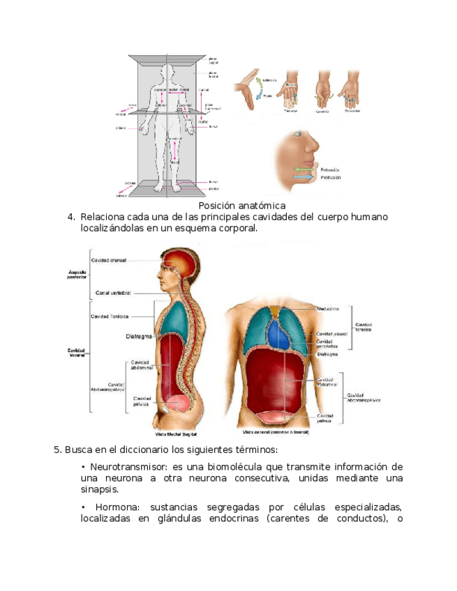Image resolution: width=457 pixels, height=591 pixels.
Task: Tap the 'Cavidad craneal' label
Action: tap(108, 260)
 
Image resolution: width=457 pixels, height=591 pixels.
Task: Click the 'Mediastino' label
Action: tap(328, 307)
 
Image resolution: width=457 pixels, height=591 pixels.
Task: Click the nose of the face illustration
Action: tap(314, 148)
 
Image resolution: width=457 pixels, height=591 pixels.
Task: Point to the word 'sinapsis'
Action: tap(99, 490)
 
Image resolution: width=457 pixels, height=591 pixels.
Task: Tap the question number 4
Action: tap(71, 217)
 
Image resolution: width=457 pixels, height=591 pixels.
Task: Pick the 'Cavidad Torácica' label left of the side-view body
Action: tap(110, 316)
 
